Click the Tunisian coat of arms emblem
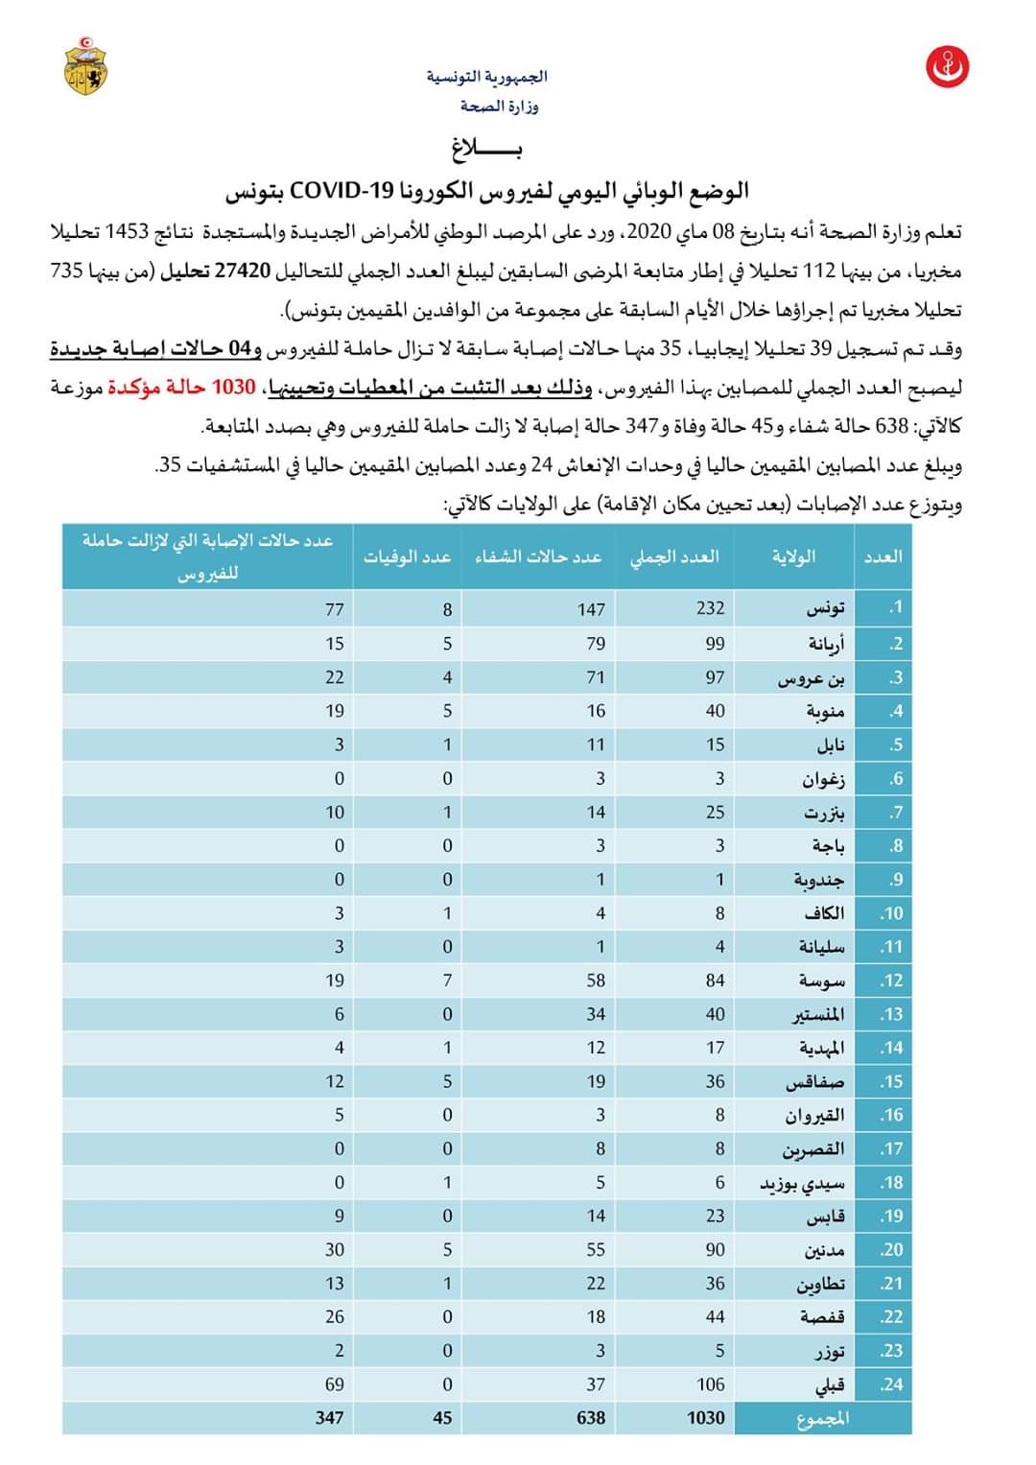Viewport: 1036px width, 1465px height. point(85,65)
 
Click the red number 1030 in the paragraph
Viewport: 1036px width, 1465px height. point(233,388)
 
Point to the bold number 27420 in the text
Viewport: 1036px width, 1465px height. point(239,272)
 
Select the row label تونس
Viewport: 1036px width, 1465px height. point(825,608)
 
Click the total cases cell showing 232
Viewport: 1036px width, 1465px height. point(711,608)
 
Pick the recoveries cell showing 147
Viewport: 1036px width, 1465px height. point(591,609)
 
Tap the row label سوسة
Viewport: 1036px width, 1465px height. point(822,981)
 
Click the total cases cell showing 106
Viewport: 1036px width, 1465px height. point(711,1384)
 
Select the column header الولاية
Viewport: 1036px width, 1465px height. point(794,556)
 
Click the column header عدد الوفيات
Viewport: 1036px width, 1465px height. point(407,556)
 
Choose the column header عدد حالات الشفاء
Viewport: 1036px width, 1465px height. point(538,556)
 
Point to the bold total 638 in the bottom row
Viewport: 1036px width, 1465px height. point(591,1418)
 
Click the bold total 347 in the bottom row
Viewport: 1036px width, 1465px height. point(329,1418)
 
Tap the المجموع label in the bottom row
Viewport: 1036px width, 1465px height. point(823,1418)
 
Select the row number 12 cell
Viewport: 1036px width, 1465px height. point(891,981)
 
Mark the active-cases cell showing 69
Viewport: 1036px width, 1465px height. point(333,1384)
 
